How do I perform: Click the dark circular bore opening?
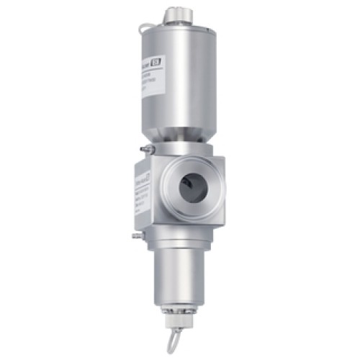191,186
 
